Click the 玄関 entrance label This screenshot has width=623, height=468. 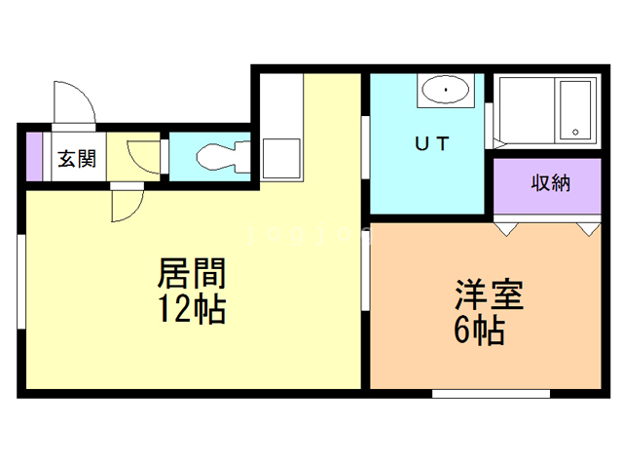point(75,158)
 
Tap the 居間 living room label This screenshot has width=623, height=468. point(192,271)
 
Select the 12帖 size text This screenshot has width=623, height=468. point(192,310)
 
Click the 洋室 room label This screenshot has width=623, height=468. point(488,294)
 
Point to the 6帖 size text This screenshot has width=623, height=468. point(478,331)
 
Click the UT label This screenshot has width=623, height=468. point(432,144)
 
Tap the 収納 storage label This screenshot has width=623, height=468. point(550,181)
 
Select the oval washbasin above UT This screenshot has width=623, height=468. point(445,92)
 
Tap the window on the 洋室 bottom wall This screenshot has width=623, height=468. point(477,393)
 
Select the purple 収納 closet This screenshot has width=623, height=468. point(549,186)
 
